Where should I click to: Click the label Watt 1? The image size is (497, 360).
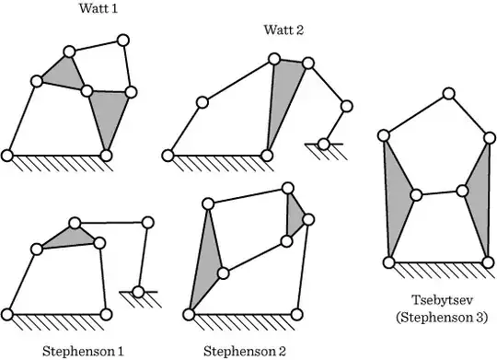(98, 8)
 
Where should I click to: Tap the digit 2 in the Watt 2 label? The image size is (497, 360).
(299, 29)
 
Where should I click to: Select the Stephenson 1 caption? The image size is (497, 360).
(83, 352)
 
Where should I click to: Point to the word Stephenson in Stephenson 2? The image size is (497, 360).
(239, 352)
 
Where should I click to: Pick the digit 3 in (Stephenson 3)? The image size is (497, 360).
(480, 317)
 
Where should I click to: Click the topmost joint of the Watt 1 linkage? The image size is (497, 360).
(123, 41)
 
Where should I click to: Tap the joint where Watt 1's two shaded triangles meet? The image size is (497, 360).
(87, 91)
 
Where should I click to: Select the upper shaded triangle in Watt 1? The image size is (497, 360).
(64, 74)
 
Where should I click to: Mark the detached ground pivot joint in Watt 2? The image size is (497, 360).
(323, 145)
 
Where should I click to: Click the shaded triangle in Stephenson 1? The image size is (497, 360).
(71, 238)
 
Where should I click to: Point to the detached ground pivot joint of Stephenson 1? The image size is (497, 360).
(138, 292)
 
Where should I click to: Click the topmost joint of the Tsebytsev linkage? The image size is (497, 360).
(448, 94)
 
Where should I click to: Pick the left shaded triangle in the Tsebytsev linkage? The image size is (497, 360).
(397, 197)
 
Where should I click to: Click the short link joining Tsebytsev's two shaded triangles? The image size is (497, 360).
(439, 192)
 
